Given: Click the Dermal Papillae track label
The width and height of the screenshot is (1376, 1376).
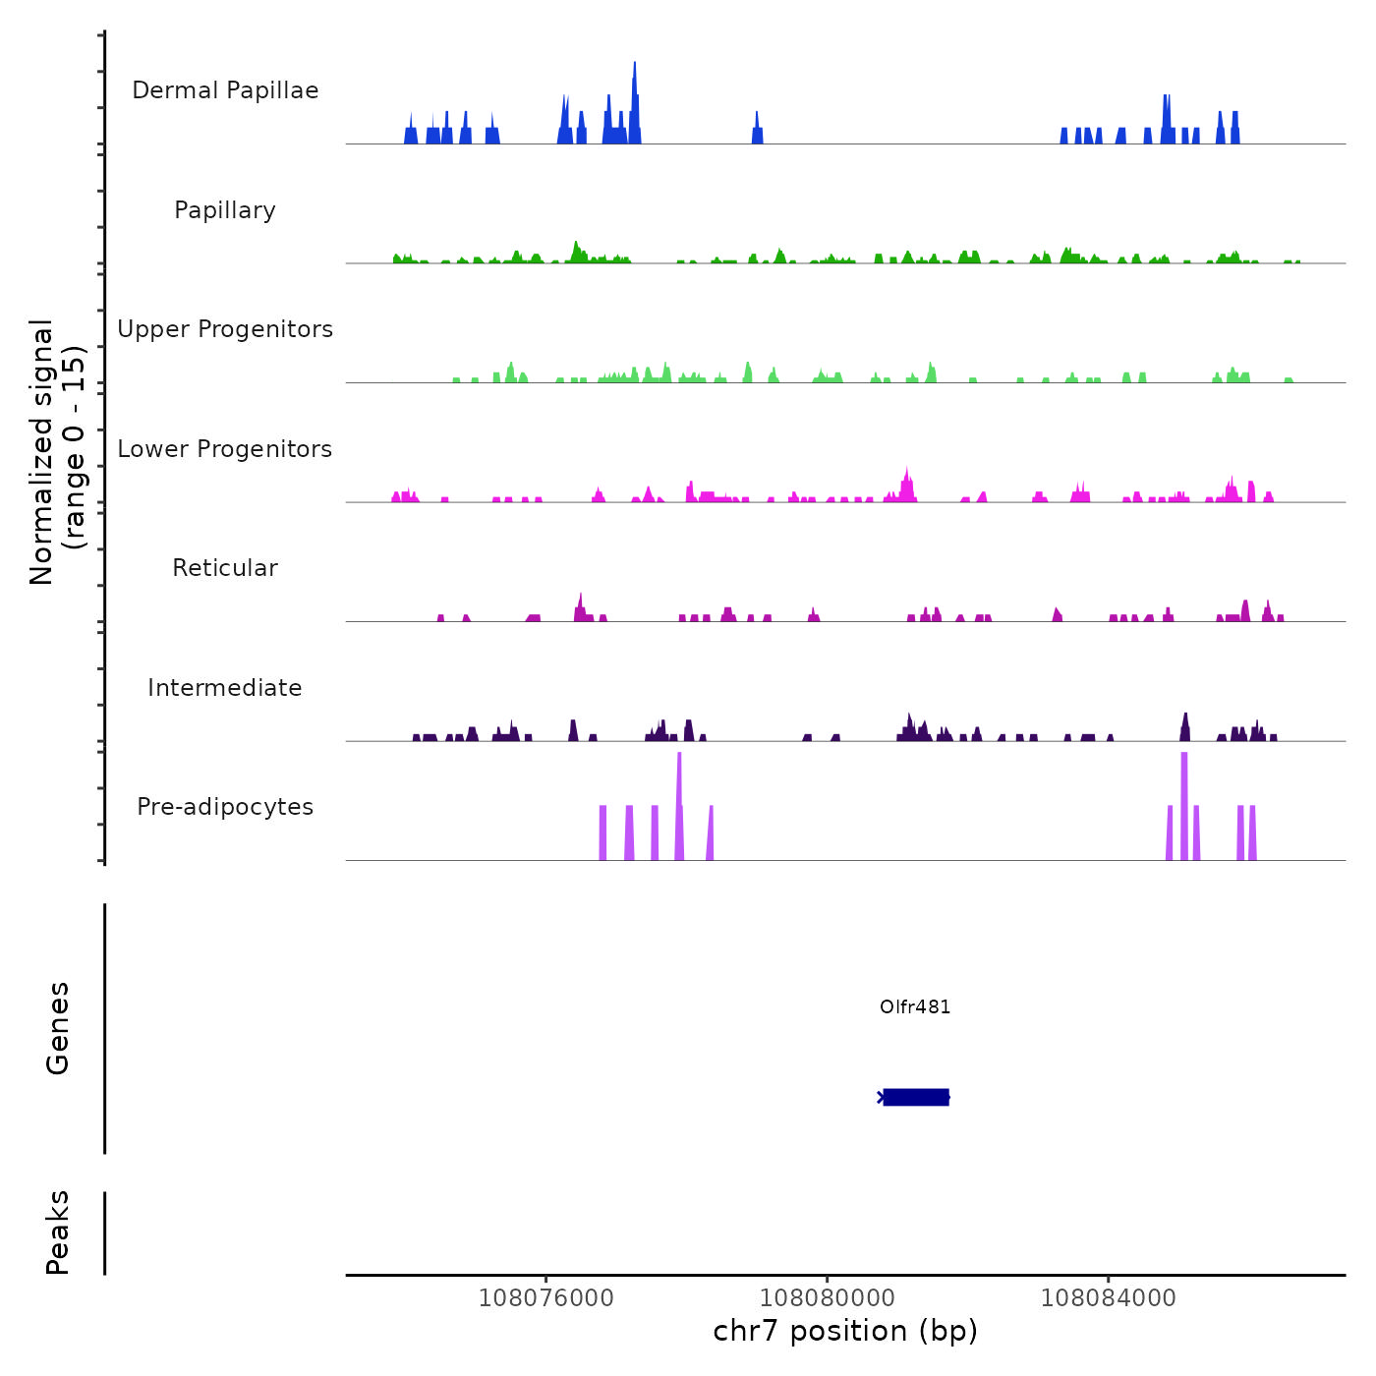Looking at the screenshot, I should [225, 90].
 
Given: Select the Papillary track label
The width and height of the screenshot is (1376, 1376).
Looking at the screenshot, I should [225, 210].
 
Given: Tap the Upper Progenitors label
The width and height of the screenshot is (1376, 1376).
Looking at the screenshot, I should [225, 329].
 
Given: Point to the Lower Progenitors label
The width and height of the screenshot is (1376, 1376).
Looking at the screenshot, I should [225, 449].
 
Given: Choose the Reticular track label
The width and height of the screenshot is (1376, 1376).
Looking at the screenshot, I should [225, 568].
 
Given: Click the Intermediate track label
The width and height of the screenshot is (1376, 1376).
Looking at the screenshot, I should [225, 688].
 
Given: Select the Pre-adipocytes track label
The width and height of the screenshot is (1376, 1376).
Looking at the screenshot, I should [225, 807].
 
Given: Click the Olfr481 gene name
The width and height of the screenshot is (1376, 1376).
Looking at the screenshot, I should [915, 1007].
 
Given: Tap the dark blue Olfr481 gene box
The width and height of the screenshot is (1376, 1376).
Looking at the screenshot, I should [916, 1097].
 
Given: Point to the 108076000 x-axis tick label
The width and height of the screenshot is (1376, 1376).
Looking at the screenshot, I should [545, 1298].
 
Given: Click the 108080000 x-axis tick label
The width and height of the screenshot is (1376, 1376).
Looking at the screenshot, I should [827, 1298].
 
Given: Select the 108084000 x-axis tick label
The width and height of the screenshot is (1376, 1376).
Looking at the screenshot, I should [1108, 1298].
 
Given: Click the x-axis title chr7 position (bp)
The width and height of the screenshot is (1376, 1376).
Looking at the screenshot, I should [845, 1331].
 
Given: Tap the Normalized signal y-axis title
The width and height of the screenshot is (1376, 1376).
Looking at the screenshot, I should [57, 452].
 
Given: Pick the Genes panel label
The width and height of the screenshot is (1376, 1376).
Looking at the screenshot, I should [58, 1028].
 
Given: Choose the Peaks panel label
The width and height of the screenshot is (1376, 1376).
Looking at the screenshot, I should [58, 1233].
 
